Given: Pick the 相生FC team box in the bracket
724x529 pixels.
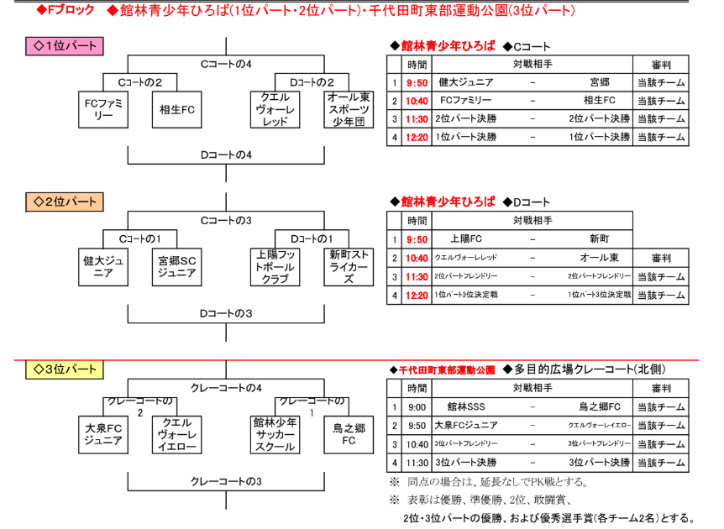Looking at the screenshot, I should (x=176, y=110).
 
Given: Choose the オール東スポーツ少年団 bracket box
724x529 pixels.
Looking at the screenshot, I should (x=348, y=110).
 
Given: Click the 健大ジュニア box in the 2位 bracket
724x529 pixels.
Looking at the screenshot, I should (x=105, y=267).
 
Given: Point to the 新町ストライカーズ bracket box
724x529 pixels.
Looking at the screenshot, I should (x=348, y=267).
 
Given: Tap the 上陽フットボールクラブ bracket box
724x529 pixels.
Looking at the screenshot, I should (x=275, y=267).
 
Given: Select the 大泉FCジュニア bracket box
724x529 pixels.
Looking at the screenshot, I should (x=105, y=435).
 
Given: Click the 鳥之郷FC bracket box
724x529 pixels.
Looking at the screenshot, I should (x=348, y=435).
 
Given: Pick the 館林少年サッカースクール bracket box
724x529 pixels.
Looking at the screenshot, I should (x=275, y=435).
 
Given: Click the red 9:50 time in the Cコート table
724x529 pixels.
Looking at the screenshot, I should (x=417, y=82).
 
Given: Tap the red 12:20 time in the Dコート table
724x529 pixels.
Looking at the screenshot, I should (x=417, y=295).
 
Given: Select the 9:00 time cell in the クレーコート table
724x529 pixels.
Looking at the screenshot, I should (x=417, y=407).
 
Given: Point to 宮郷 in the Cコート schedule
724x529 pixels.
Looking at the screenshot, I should (x=599, y=82).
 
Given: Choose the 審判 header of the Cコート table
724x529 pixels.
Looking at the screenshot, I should (x=660, y=65).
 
